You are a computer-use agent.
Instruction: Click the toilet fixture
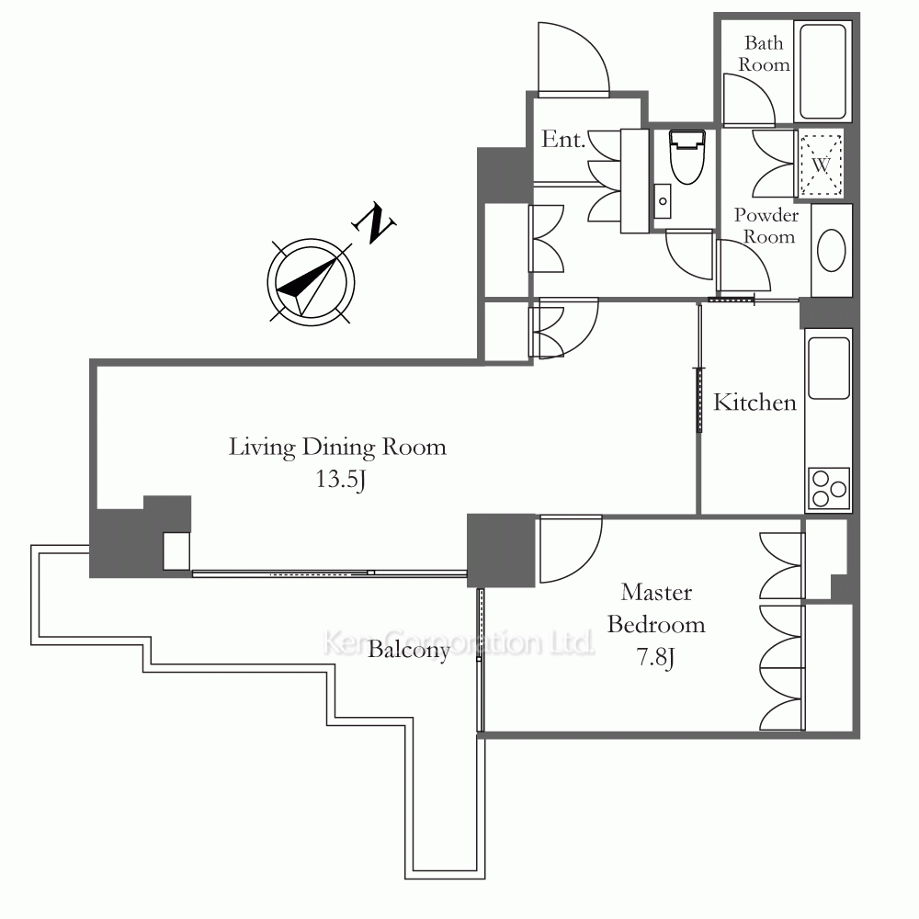coord(686,156)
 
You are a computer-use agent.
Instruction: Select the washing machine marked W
coord(821,165)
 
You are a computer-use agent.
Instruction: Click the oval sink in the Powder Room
coord(831,250)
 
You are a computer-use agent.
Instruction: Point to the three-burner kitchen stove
coord(829,488)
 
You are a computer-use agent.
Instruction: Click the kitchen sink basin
coord(829,369)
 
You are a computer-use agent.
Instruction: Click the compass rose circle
coord(311,282)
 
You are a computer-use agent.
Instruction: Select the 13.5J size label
coord(341,480)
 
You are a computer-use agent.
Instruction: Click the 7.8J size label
coord(655,657)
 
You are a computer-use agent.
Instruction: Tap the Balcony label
coord(409,650)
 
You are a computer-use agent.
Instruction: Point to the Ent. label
coord(563,140)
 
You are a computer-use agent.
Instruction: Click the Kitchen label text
coord(754,403)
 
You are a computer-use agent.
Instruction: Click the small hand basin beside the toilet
coord(663,201)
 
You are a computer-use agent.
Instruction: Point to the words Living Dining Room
coord(337,448)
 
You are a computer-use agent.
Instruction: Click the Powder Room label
coord(766,226)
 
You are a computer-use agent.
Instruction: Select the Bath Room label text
coord(764,53)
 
